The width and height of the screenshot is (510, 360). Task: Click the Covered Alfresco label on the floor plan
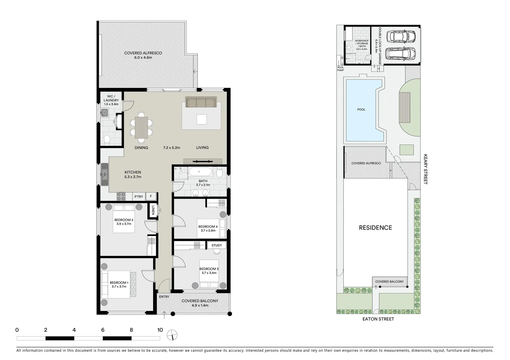pos(143,53)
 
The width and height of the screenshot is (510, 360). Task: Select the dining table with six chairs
pos(141,127)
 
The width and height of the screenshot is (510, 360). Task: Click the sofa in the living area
pos(200,102)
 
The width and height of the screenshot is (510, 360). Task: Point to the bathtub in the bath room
pos(199,172)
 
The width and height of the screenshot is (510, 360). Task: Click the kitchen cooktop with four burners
pos(121,196)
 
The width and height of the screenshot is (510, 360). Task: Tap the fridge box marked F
pos(151,197)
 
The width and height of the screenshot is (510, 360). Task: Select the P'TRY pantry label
pos(139,197)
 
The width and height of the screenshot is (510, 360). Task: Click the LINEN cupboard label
pos(153,210)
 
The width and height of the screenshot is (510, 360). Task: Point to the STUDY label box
pos(217,245)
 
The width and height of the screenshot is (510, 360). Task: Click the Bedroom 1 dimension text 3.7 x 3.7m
pos(119,287)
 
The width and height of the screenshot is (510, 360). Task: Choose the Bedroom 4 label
pos(208,227)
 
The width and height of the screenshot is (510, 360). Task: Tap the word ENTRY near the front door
pos(164,297)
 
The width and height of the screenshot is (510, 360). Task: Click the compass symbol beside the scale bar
pos(173,335)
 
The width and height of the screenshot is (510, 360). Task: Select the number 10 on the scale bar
pos(160,330)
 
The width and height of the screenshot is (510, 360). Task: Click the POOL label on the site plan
pos(361,109)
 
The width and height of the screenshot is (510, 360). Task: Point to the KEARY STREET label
pos(425,169)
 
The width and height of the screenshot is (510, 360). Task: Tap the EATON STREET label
pos(378,319)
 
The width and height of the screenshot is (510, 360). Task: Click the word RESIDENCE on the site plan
pos(375,228)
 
